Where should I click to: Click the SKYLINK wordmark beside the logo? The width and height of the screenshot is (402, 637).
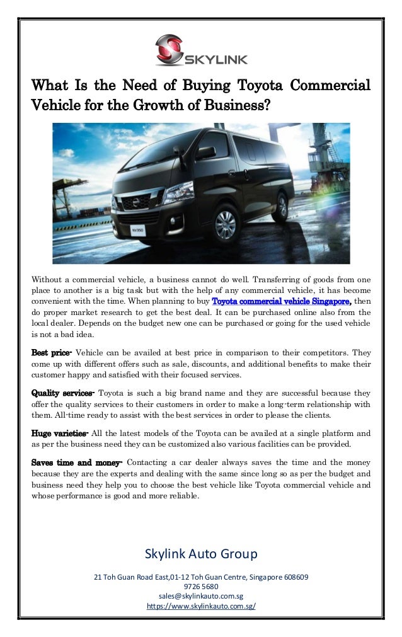(x=215, y=59)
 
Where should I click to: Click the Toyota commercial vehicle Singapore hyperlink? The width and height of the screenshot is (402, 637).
(x=289, y=300)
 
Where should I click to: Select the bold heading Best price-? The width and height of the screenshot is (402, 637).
(x=52, y=354)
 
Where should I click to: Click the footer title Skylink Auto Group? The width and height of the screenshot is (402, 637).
(x=201, y=554)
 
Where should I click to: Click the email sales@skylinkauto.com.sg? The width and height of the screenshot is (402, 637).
(x=201, y=596)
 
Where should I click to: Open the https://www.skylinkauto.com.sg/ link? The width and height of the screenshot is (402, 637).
(x=201, y=606)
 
